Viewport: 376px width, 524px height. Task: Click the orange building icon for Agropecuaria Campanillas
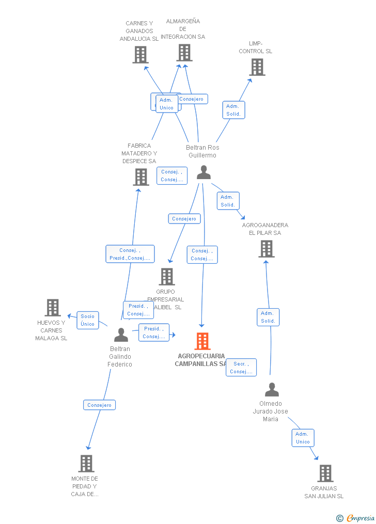[x=202, y=341]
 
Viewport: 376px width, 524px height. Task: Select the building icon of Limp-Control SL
[x=257, y=67]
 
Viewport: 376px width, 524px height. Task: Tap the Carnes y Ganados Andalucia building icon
[x=140, y=55]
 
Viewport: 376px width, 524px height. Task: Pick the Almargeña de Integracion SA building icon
[x=184, y=53]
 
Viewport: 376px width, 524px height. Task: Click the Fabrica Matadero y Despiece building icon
[x=141, y=177]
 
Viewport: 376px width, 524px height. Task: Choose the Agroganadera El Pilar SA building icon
[x=267, y=249]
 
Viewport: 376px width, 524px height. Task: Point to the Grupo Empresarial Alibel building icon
[x=167, y=277]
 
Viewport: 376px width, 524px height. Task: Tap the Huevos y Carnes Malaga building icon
[x=53, y=308]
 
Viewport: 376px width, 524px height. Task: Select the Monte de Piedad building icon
[x=86, y=464]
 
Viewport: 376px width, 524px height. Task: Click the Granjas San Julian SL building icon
[x=325, y=473]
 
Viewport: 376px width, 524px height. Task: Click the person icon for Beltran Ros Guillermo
[x=203, y=172]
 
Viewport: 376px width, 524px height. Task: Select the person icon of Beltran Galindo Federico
[x=121, y=335]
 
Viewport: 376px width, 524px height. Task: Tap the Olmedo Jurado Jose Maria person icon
[x=272, y=390]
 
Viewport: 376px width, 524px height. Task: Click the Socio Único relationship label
[x=88, y=320]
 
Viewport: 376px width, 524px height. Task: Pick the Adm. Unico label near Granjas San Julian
[x=303, y=438]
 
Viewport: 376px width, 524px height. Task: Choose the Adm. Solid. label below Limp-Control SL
[x=233, y=110]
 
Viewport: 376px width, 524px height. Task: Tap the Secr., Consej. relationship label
[x=241, y=368]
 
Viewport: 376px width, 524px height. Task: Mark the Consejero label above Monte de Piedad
[x=99, y=405]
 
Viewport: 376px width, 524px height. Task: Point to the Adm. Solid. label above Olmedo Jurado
[x=268, y=317]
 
